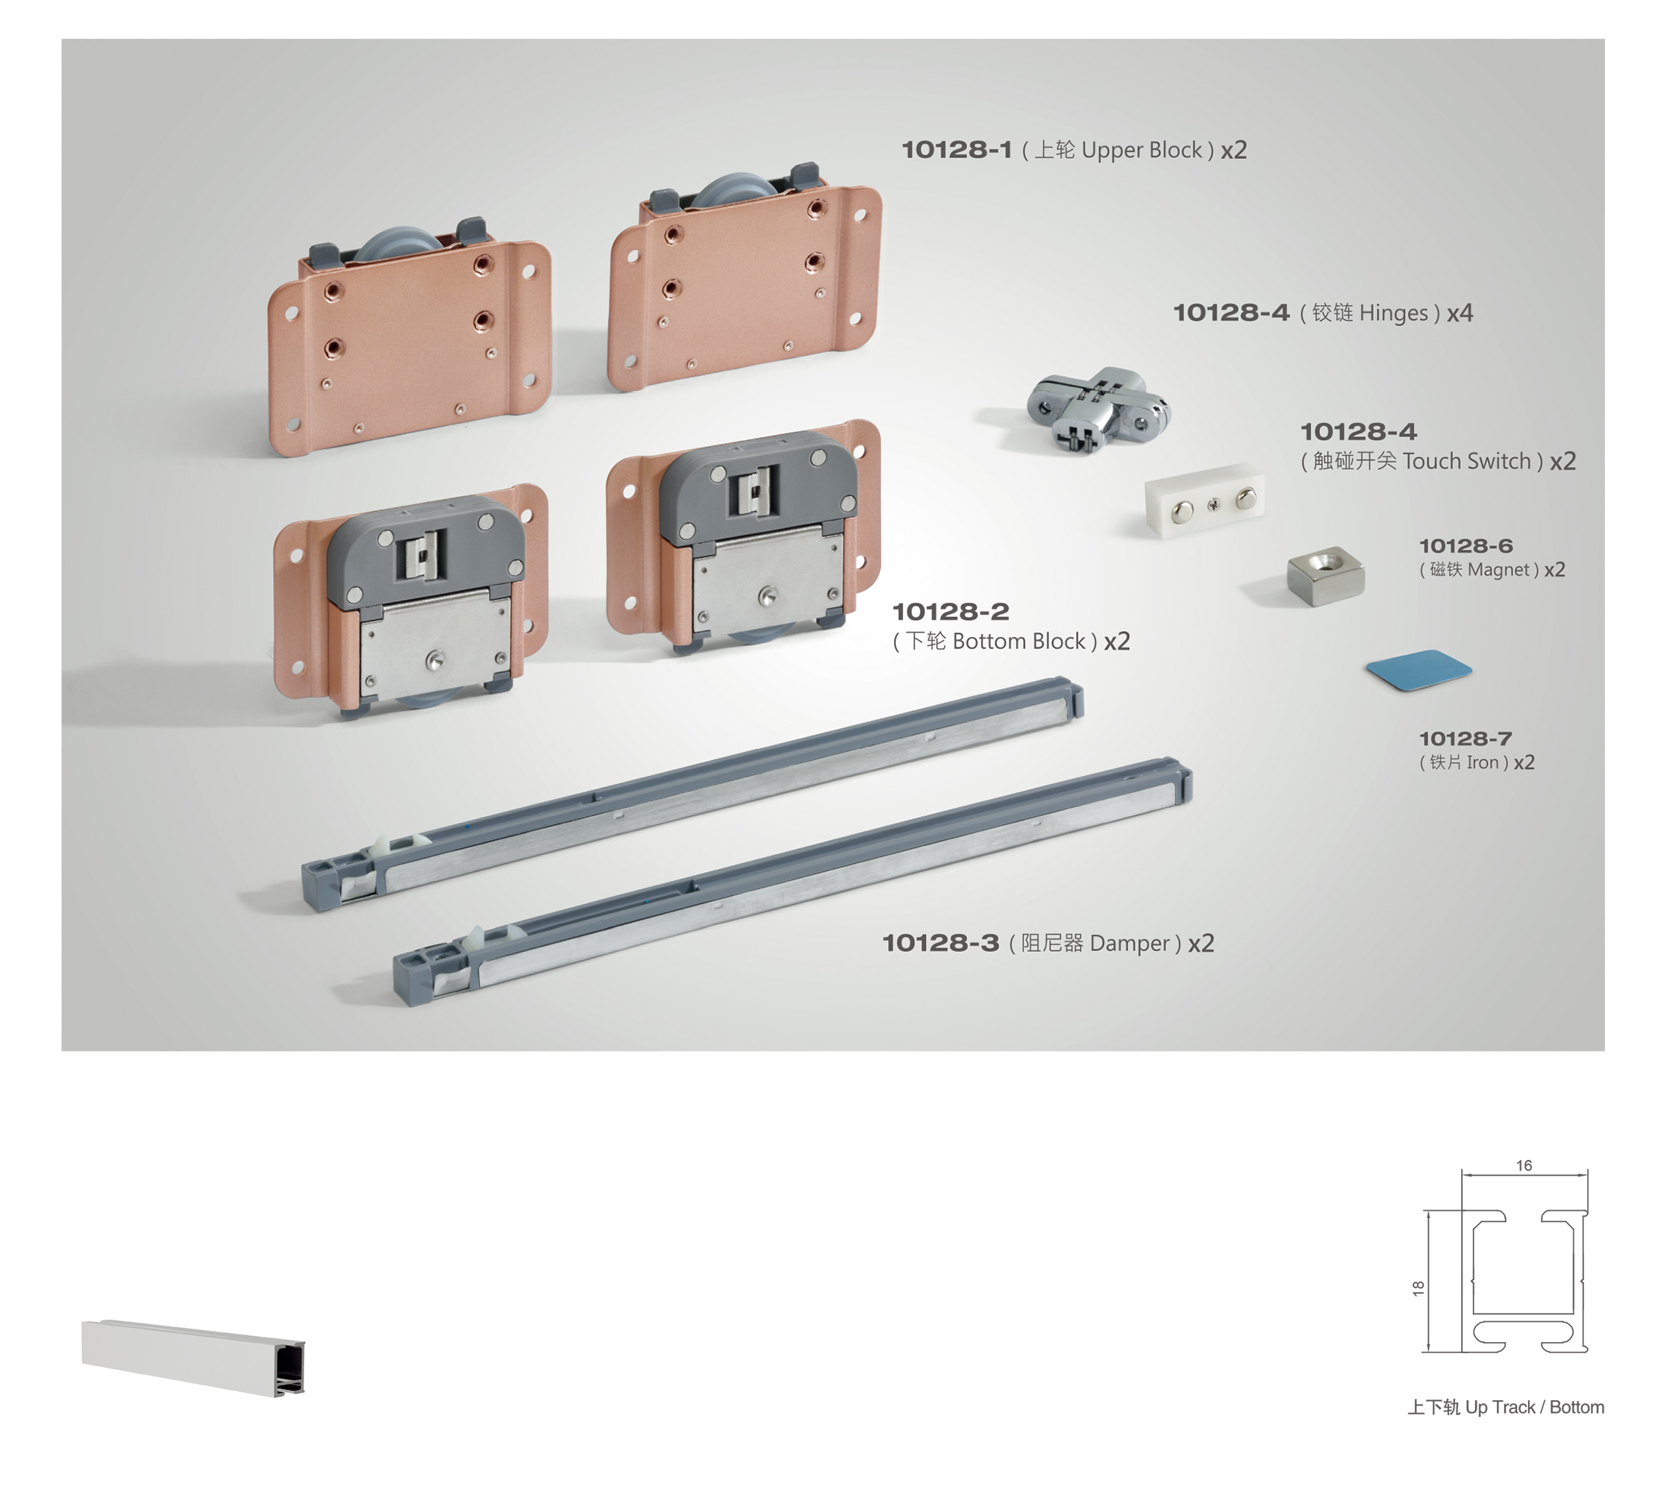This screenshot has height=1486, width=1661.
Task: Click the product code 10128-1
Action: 957,150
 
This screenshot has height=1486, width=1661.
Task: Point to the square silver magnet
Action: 1325,575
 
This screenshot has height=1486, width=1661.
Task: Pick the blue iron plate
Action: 1418,669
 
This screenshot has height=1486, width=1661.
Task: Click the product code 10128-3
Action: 940,944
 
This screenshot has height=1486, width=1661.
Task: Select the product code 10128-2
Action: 951,612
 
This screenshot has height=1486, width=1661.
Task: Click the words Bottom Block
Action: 1019,642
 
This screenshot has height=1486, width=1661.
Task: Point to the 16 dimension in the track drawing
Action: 1524,1165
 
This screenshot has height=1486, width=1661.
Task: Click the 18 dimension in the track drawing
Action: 1418,1288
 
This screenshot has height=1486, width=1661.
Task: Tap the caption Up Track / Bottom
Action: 1534,1407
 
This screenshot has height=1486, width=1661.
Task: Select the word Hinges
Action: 1393,313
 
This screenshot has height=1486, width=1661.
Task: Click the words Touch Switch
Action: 1466,461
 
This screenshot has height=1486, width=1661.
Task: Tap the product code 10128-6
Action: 1466,545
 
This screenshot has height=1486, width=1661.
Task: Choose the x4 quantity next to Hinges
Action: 1460,313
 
